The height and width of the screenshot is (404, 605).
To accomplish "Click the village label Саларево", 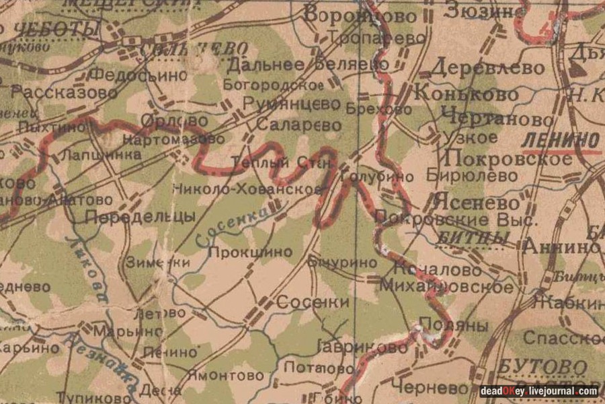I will coord(298,126).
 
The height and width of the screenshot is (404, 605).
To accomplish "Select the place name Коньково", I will coord(467,93).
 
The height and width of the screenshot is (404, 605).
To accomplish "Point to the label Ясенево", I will coord(477,202).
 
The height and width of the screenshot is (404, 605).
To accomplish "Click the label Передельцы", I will coord(140,216).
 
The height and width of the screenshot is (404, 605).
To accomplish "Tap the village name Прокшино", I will coord(250,252).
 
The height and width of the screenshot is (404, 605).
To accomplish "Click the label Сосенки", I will coord(313,302).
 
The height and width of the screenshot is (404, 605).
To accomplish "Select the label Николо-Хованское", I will coord(247,189).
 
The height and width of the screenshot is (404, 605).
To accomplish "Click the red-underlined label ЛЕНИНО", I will coord(560,140).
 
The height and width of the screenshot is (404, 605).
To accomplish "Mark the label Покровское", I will coord(509,158).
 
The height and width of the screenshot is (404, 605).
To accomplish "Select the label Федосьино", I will coord(138,75).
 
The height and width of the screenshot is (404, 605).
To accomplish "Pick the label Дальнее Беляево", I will coord(307,65).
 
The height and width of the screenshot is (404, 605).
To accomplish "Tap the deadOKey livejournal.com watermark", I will coord(538,391).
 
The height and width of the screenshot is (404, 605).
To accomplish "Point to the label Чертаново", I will coord(498,119).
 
